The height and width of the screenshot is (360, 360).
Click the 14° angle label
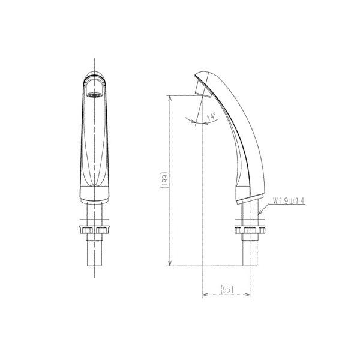pos(211,116)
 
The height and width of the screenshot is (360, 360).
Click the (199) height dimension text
pos(164,180)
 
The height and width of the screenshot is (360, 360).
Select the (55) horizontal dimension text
pos(227,289)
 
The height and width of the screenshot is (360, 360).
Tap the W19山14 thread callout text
pos(289,201)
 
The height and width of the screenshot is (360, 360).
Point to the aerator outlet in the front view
pos(94,95)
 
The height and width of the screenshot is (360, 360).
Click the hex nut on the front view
pos(94,230)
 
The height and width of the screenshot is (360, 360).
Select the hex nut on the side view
pos(250,230)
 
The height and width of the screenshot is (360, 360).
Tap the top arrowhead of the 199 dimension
pos(170,98)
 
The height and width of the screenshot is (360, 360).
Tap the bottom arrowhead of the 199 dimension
pos(170,263)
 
